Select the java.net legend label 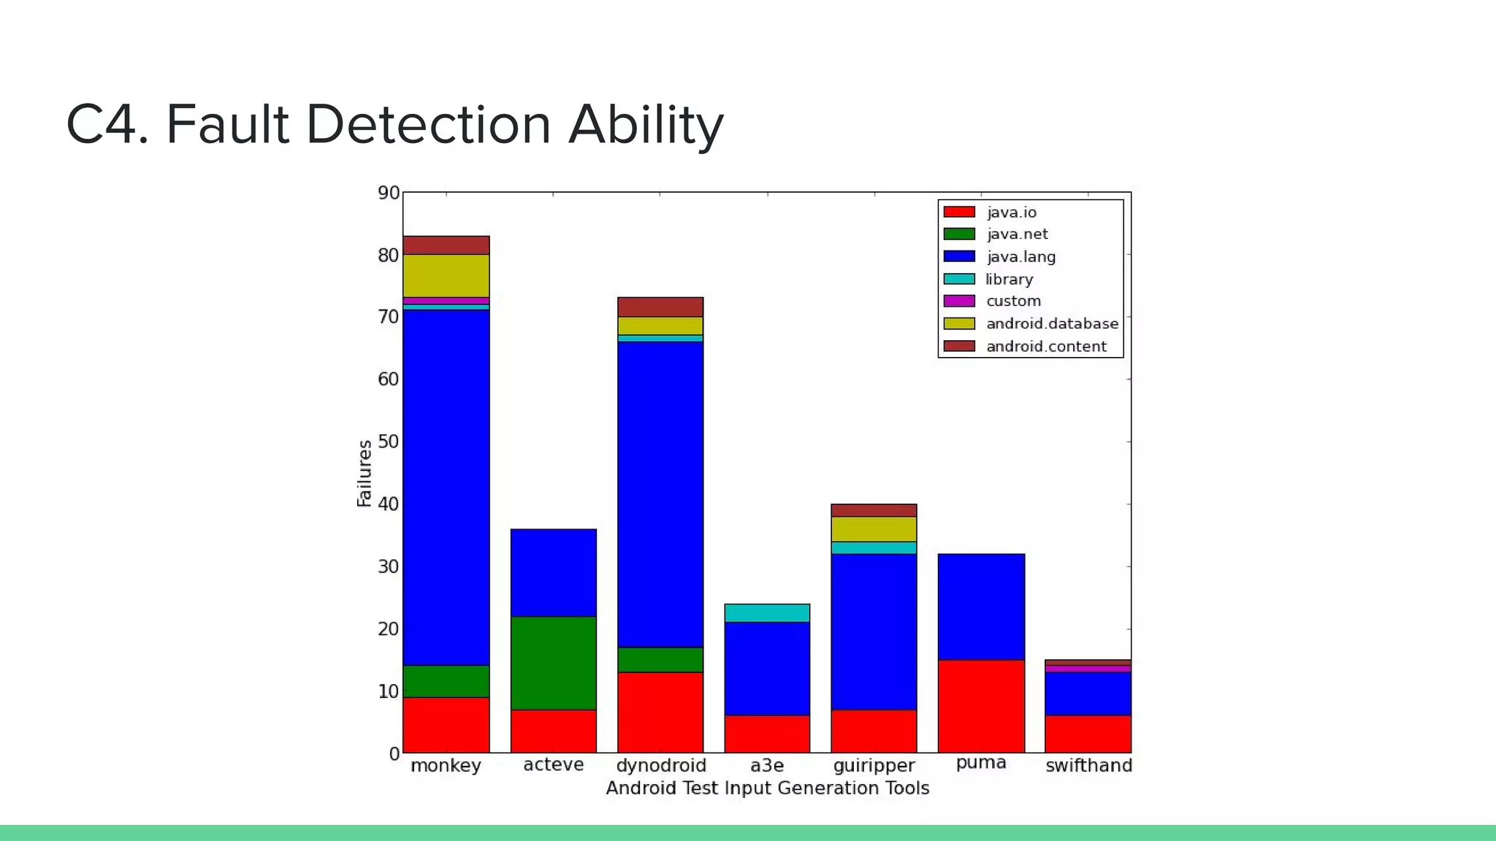[1017, 234]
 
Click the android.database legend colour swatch [959, 323]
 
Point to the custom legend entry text [1013, 301]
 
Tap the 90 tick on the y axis [389, 193]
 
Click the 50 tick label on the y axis [389, 442]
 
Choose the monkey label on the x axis [446, 766]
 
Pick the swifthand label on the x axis [1088, 766]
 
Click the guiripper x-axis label [874, 766]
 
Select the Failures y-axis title [365, 473]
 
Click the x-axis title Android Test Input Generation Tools [767, 788]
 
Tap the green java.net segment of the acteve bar [554, 663]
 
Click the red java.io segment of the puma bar [981, 706]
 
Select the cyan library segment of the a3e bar [767, 613]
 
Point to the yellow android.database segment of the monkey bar [446, 276]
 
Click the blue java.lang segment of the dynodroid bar [660, 494]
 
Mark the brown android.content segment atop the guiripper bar [874, 510]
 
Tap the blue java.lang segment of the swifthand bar [1088, 694]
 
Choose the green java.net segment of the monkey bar [446, 681]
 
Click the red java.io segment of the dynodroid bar [660, 713]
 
